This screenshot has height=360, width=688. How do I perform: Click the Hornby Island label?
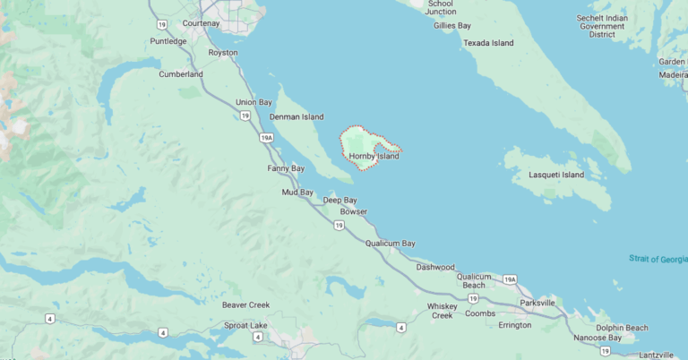(374, 156)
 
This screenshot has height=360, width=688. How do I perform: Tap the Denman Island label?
(297, 116)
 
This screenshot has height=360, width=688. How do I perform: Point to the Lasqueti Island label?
(556, 175)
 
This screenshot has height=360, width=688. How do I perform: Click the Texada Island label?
(489, 42)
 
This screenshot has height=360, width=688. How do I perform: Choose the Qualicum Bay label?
(391, 243)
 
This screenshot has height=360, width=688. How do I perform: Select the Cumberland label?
(181, 74)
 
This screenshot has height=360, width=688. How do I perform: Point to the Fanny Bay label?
(286, 168)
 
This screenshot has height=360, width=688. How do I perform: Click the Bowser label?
(354, 211)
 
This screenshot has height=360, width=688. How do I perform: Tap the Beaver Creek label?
(245, 304)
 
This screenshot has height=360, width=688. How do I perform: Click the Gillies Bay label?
(452, 26)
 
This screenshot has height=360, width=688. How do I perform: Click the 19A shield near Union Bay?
(266, 138)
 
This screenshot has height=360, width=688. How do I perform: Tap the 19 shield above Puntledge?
(160, 24)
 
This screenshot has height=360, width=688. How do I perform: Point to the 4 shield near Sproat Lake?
(257, 337)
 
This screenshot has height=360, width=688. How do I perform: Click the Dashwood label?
(435, 267)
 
